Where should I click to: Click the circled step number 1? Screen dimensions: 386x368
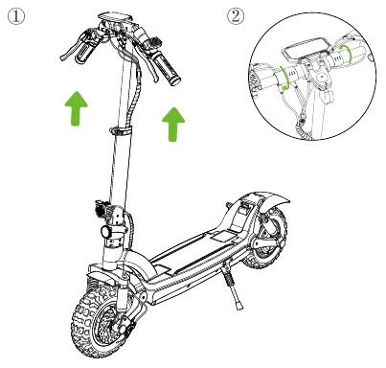tap(15, 16)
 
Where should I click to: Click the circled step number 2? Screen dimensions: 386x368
tap(236, 16)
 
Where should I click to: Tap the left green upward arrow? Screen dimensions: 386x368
tap(76, 108)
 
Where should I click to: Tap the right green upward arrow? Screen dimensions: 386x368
tap(173, 124)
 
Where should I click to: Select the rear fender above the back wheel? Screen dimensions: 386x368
tap(261, 199)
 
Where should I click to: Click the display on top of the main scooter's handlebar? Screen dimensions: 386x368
tap(115, 16)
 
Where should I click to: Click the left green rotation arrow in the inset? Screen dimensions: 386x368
tap(284, 78)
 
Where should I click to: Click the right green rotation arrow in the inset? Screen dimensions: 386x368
tap(346, 54)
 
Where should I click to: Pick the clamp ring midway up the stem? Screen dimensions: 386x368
tap(121, 131)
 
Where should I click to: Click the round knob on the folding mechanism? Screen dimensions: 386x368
tap(106, 232)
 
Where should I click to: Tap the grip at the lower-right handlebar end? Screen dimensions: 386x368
tap(168, 70)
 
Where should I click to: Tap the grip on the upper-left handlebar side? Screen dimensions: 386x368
tap(84, 54)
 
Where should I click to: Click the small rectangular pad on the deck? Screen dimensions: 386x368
tap(223, 237)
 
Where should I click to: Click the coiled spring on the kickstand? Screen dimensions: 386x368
tap(230, 281)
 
